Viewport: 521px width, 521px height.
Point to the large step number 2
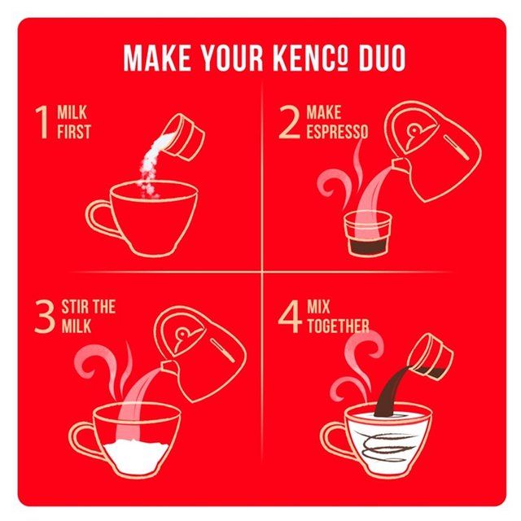290,123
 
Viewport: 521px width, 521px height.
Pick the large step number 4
290,318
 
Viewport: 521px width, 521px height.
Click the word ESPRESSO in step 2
336,132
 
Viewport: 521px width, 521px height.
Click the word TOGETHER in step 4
337,326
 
